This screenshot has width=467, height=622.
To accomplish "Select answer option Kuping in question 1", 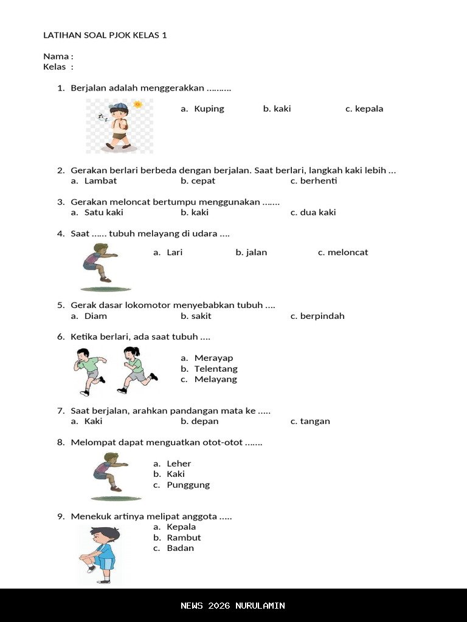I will click(x=209, y=109).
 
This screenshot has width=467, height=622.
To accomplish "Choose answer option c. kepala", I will click(x=364, y=109).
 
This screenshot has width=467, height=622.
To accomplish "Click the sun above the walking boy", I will click(x=137, y=104).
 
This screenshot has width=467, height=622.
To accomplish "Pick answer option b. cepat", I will click(x=198, y=181).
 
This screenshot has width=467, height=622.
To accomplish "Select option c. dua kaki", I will click(x=313, y=213).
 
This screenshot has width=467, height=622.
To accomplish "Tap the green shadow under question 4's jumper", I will click(x=106, y=289).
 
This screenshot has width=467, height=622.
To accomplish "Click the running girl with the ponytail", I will click(x=136, y=369).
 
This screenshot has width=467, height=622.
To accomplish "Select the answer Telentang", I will click(x=216, y=369).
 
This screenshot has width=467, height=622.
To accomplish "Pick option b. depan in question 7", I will click(x=199, y=421).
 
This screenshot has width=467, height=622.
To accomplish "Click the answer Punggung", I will click(x=188, y=485).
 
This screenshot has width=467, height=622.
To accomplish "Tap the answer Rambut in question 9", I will click(x=184, y=538).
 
